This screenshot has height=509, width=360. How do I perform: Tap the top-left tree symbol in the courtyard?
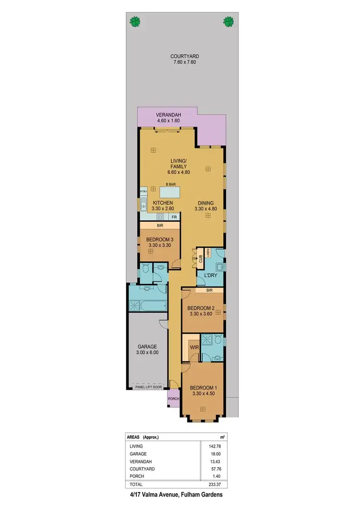(135, 21)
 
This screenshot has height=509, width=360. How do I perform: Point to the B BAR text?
(170, 184)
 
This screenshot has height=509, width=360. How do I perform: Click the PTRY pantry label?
(143, 192)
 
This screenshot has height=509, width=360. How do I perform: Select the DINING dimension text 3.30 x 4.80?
(208, 209)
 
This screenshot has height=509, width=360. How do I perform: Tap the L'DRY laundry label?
(210, 276)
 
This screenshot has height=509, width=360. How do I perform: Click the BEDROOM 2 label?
(200, 308)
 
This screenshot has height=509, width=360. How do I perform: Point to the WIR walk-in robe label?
(194, 346)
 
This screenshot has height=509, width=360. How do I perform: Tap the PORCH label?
(173, 399)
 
